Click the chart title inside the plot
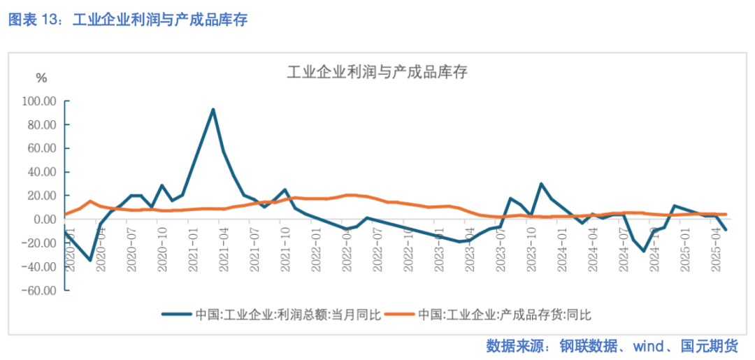pyautogui.click(x=377, y=72)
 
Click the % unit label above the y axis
pyautogui.click(x=41, y=78)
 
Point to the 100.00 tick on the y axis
pyautogui.click(x=39, y=101)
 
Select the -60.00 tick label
pyautogui.click(x=39, y=290)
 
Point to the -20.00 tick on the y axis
pyautogui.click(x=39, y=243)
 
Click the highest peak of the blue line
pyautogui.click(x=213, y=109)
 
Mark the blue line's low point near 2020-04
pyautogui.click(x=90, y=260)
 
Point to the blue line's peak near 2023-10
pyautogui.click(x=541, y=184)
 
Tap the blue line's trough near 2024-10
pyautogui.click(x=644, y=251)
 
